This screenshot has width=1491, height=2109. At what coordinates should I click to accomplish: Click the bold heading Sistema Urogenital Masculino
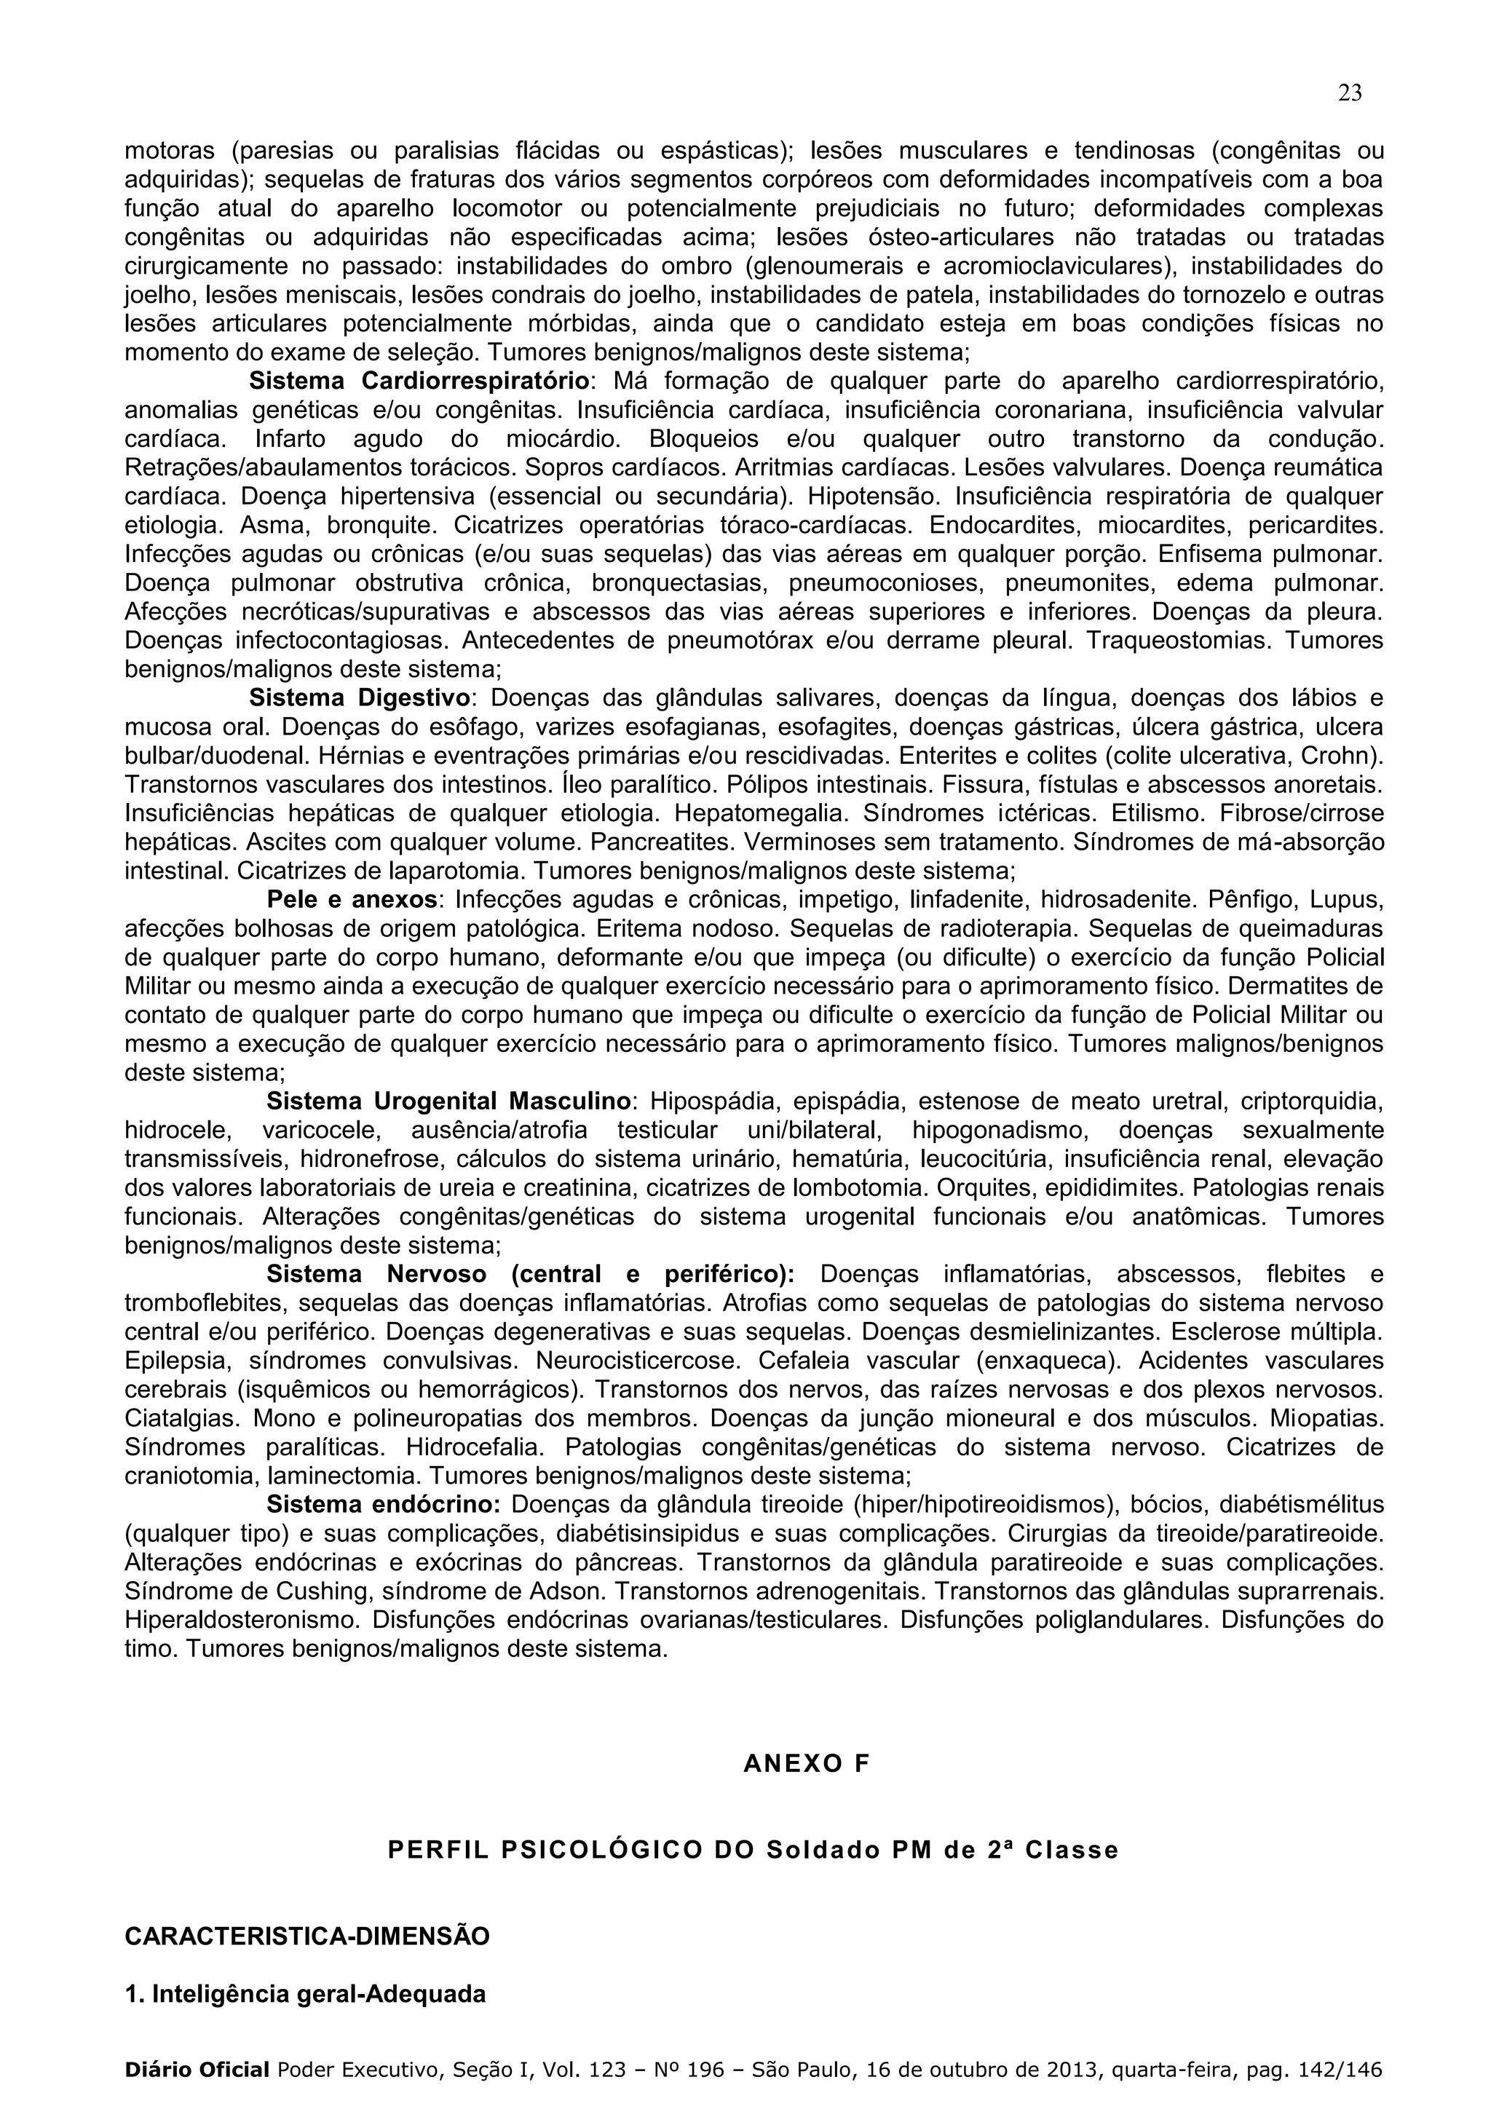[x=448, y=1101]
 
